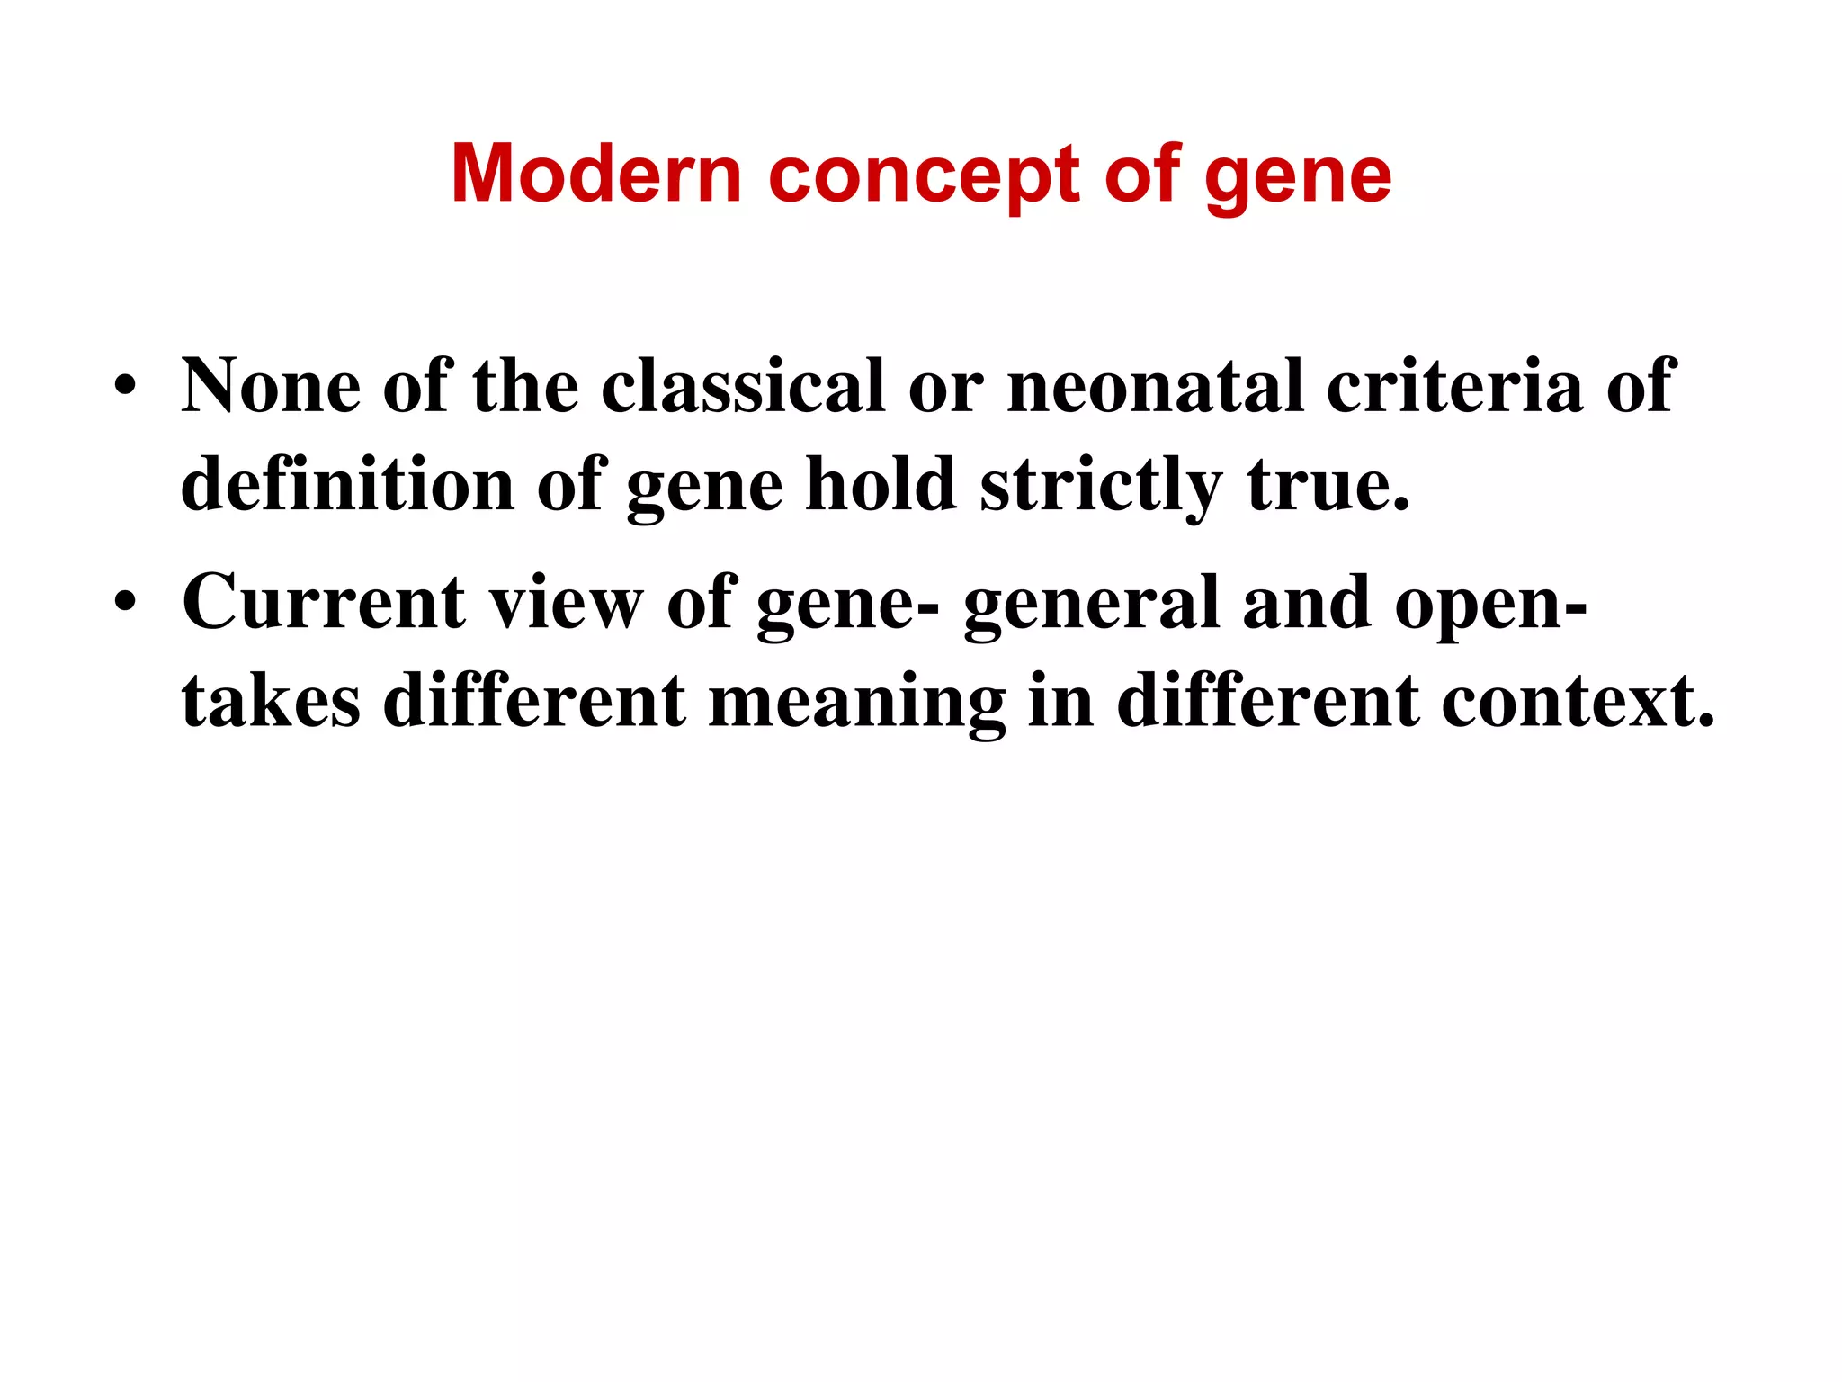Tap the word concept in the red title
pyautogui.click(x=923, y=175)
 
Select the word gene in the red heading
pyautogui.click(x=1297, y=177)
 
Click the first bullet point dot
pyautogui.click(x=125, y=388)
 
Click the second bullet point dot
pyautogui.click(x=125, y=604)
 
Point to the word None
pyautogui.click(x=271, y=386)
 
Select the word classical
pyautogui.click(x=742, y=386)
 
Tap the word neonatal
pyautogui.click(x=1155, y=386)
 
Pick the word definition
pyautogui.click(x=347, y=485)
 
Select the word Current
pyautogui.click(x=324, y=602)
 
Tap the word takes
pyautogui.click(x=271, y=701)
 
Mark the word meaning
pyautogui.click(x=856, y=703)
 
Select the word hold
pyautogui.click(x=881, y=485)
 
